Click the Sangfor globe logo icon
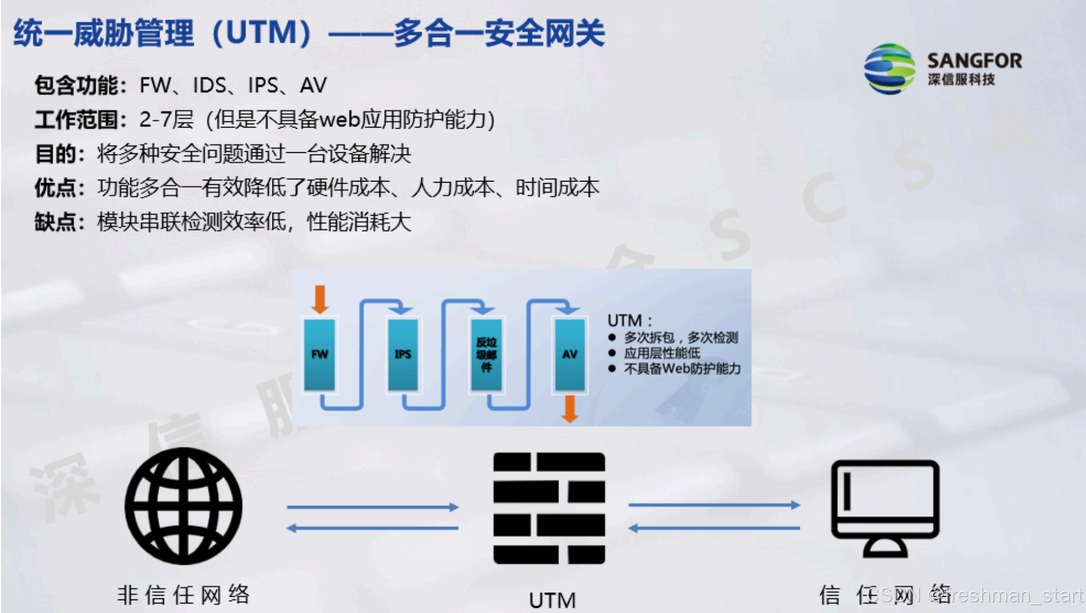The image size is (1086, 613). tap(889, 69)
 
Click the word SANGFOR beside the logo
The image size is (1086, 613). tap(974, 60)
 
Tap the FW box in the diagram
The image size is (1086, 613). tap(319, 354)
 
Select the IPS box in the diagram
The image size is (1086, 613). tap(402, 354)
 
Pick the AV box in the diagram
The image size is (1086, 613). tap(570, 354)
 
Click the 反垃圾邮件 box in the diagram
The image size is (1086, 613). tap(486, 354)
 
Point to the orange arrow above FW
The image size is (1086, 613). tap(320, 298)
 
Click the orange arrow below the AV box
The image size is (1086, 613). tap(570, 408)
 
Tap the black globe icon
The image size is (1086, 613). tap(183, 506)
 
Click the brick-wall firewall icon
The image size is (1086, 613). tap(549, 508)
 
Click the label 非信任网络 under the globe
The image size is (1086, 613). tap(183, 594)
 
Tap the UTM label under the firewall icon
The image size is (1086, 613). tap(552, 600)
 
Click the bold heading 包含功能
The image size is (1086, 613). tap(76, 85)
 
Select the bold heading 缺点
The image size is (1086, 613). tap(56, 222)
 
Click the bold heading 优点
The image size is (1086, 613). tap(56, 188)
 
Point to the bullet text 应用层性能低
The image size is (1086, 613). tap(662, 353)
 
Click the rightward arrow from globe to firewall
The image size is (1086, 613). tap(372, 507)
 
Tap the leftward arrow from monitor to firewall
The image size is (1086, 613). tap(714, 528)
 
